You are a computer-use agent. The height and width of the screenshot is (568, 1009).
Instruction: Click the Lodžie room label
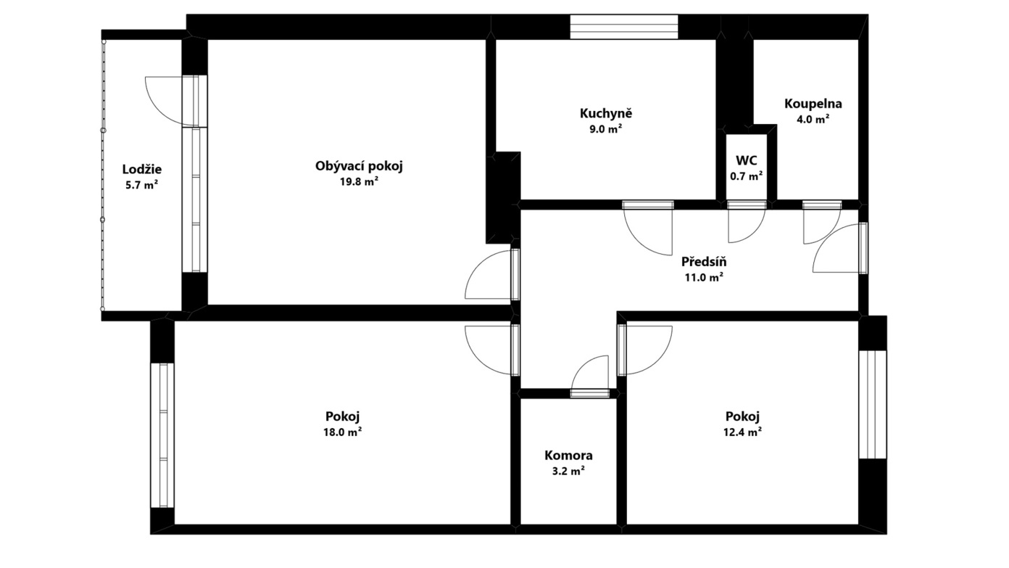(142, 170)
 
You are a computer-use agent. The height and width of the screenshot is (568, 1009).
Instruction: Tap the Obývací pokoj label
(359, 166)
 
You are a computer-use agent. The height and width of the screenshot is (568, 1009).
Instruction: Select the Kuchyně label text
(606, 114)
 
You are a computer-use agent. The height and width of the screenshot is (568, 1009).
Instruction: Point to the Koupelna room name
(813, 104)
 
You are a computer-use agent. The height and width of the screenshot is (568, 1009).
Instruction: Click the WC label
(747, 160)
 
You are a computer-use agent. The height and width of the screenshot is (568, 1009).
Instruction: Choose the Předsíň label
(704, 261)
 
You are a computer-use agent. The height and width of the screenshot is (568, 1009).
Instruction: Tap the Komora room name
(568, 456)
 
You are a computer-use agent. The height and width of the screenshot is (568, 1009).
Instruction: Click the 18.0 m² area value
(343, 432)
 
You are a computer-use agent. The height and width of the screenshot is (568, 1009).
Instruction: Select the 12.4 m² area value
(743, 432)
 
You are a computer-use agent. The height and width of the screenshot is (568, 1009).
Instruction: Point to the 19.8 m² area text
(359, 181)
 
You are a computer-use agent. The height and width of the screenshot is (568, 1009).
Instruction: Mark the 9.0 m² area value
(606, 129)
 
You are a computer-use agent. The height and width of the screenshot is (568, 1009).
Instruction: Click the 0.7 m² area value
(747, 176)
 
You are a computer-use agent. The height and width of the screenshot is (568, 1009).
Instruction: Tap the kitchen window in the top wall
(624, 27)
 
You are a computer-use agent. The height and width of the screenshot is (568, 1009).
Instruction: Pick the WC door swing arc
(755, 234)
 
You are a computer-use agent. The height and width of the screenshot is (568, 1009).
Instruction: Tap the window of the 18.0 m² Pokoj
(162, 435)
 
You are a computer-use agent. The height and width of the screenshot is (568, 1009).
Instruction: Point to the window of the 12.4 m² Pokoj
(873, 404)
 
